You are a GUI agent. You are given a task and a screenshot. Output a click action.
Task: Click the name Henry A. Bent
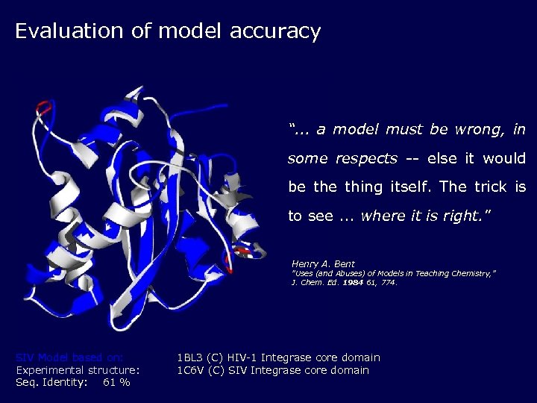point(323,264)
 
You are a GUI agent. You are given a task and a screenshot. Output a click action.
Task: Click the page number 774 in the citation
point(387,283)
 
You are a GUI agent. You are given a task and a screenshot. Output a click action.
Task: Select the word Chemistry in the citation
point(469,274)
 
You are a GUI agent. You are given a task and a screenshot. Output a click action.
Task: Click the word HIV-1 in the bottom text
point(238,357)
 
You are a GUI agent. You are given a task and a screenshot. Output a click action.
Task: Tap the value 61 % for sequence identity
point(116,382)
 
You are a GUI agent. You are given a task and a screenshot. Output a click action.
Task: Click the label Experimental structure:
point(78,370)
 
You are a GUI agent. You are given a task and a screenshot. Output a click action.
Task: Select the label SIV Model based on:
point(69,357)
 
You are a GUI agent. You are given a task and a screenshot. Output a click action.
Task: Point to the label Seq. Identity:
point(51,382)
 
